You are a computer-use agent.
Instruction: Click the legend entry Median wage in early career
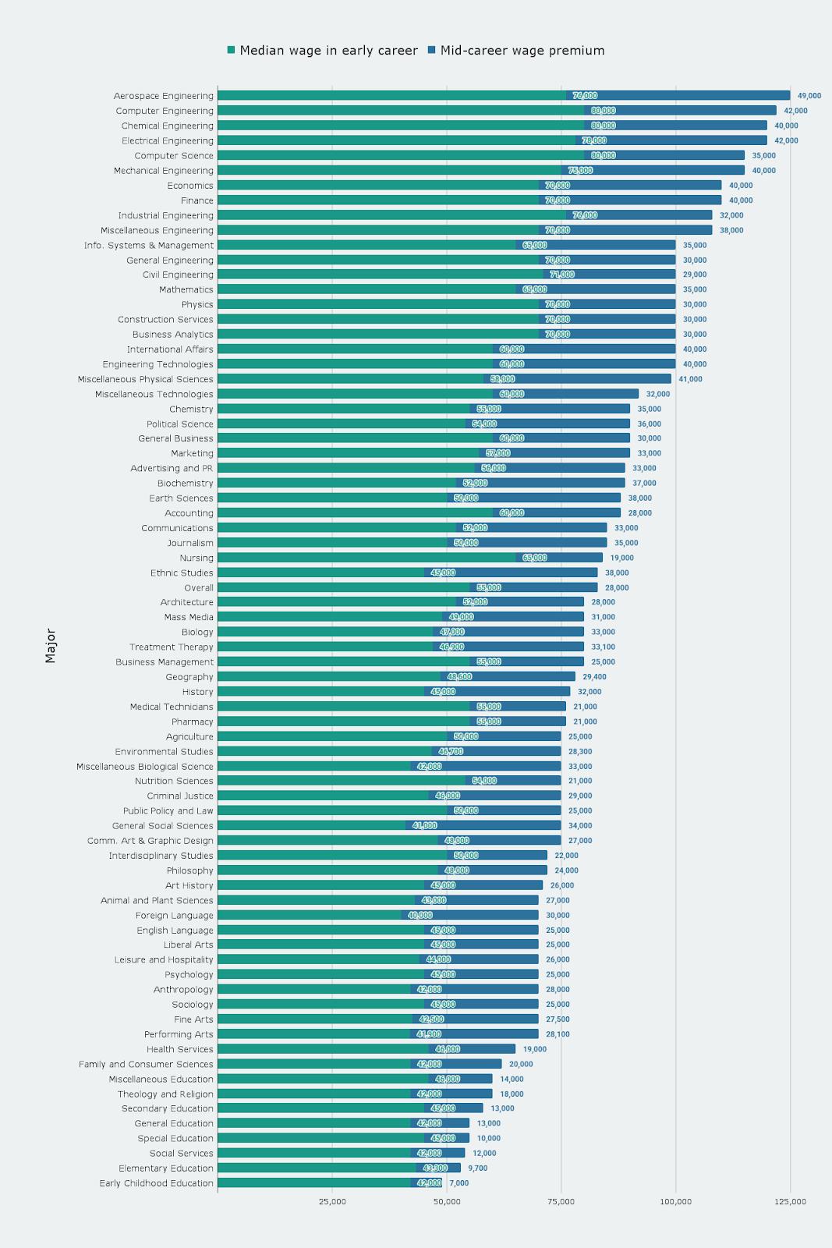pyautogui.click(x=328, y=51)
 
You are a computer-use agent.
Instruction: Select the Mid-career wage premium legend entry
pyautogui.click(x=522, y=51)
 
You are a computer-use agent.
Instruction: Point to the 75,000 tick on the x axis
pyautogui.click(x=561, y=1201)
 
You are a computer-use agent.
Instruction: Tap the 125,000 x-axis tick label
pyautogui.click(x=790, y=1201)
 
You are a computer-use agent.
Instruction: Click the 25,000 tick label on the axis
pyautogui.click(x=332, y=1201)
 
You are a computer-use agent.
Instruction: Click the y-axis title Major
pyautogui.click(x=51, y=646)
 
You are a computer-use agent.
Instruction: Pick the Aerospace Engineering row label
pyautogui.click(x=163, y=96)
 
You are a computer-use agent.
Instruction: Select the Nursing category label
pyautogui.click(x=196, y=558)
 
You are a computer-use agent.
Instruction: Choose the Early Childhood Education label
pyautogui.click(x=156, y=1183)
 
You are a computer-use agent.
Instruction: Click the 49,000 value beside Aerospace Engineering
pyautogui.click(x=809, y=96)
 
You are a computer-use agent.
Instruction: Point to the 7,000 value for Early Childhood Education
pyautogui.click(x=458, y=1183)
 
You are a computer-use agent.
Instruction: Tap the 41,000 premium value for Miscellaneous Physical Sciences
pyautogui.click(x=690, y=379)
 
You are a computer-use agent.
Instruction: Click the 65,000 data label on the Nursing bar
pyautogui.click(x=534, y=558)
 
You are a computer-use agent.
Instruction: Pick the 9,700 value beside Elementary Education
pyautogui.click(x=477, y=1168)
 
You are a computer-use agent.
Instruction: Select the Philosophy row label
pyautogui.click(x=189, y=870)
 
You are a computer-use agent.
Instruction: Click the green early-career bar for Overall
pyautogui.click(x=343, y=587)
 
